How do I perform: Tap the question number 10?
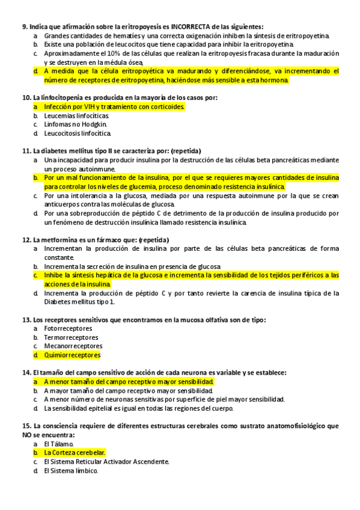(26, 97)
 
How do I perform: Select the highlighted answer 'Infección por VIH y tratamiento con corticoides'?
(114, 106)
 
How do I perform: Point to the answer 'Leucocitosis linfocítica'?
(78, 133)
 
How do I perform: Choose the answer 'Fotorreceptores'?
(68, 328)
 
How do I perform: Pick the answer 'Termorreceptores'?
(69, 337)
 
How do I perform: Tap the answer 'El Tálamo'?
(59, 444)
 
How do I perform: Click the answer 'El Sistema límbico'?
(70, 470)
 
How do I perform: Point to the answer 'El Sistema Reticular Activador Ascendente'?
(106, 461)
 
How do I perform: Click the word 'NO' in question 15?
(28, 435)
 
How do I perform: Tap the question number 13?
(26, 319)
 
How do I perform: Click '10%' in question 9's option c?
(103, 54)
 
